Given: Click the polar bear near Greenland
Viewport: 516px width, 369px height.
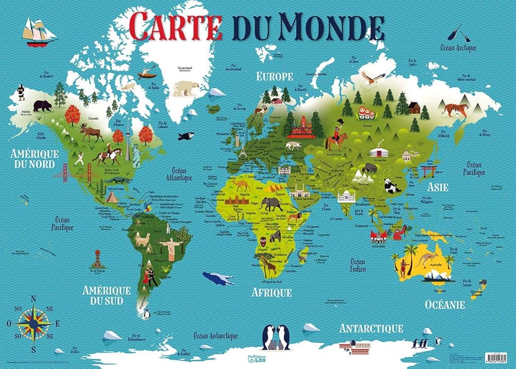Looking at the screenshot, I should (x=185, y=88).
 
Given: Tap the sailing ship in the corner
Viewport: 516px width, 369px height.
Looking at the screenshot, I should (x=38, y=33).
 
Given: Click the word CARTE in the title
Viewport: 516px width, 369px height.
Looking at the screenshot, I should (x=175, y=26).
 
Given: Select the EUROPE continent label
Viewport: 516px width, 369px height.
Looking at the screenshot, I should (x=275, y=76).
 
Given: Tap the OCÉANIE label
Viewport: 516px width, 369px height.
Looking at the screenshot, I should (x=445, y=304).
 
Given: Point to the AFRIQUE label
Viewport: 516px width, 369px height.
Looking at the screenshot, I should (x=272, y=293).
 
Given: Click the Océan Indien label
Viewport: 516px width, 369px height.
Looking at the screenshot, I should (x=358, y=265).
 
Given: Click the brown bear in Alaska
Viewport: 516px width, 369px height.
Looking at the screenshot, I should (x=42, y=106).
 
